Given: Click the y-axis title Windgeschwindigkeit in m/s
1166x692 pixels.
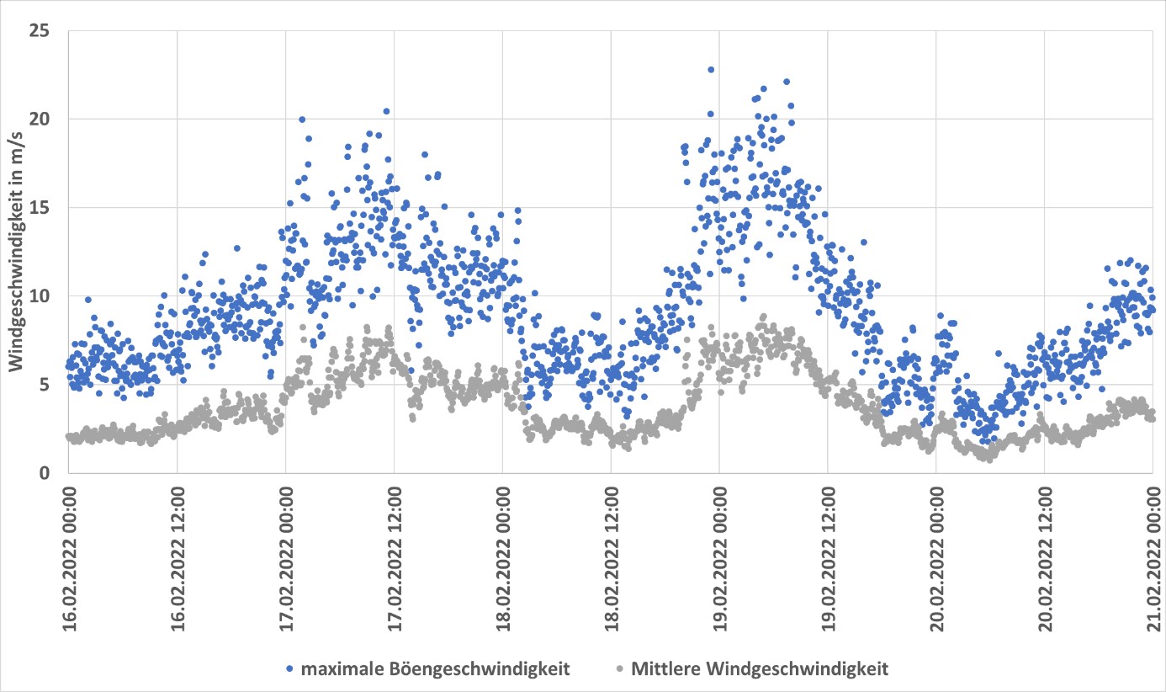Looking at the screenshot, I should click(17, 252).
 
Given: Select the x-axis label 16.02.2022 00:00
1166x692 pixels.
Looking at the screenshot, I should click(69, 556).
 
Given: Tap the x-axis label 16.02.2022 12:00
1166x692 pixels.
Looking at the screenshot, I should click(178, 556).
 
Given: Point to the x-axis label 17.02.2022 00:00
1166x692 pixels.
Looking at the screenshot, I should click(286, 556).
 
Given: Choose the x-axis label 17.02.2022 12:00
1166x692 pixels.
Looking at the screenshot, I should click(395, 556).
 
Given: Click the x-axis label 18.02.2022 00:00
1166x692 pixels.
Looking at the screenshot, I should click(502, 556).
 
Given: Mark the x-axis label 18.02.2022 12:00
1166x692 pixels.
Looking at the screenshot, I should click(611, 556).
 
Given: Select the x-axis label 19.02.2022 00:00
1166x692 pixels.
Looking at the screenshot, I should click(719, 556).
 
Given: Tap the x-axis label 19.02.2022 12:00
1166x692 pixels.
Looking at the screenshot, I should click(828, 556).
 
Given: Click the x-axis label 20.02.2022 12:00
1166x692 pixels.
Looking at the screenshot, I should click(1044, 556).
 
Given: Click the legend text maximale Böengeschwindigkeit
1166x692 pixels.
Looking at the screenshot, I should click(436, 669).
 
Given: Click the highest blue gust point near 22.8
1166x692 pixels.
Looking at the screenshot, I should click(711, 70).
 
